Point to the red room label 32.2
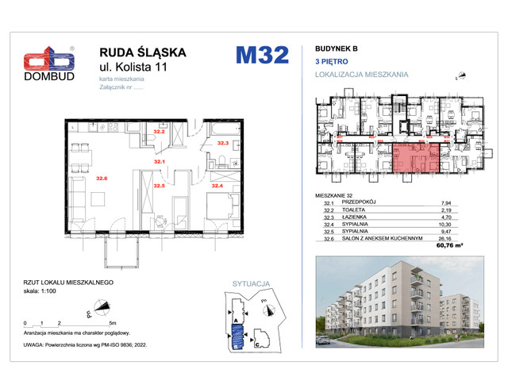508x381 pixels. pyautogui.click(x=158, y=132)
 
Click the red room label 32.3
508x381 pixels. pyautogui.click(x=223, y=143)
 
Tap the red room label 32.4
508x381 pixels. pyautogui.click(x=216, y=186)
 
